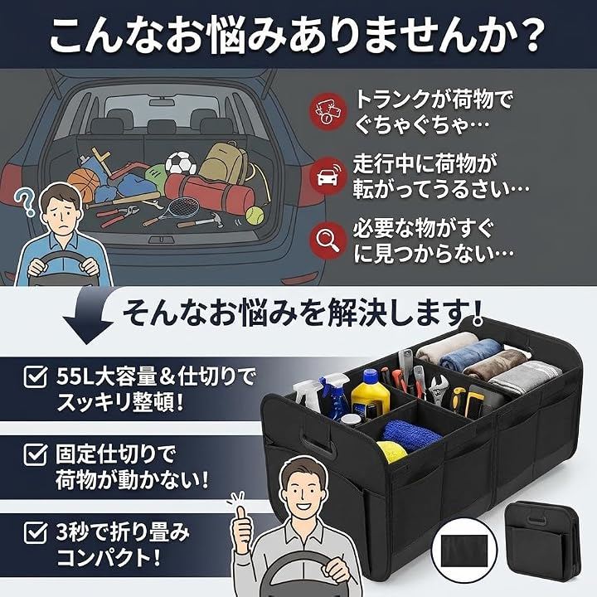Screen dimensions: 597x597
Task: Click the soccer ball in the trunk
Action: tap(181, 163)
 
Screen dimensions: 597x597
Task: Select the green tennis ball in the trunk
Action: tap(255, 216)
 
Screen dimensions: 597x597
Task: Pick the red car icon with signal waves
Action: tap(328, 176)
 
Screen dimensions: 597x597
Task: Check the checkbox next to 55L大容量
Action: tap(36, 376)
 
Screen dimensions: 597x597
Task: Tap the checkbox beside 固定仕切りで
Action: tap(36, 454)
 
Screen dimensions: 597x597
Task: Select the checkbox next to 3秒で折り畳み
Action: tap(36, 531)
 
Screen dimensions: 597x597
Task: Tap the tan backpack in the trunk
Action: tap(224, 162)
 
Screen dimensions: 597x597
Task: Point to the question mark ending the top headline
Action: tap(528, 33)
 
